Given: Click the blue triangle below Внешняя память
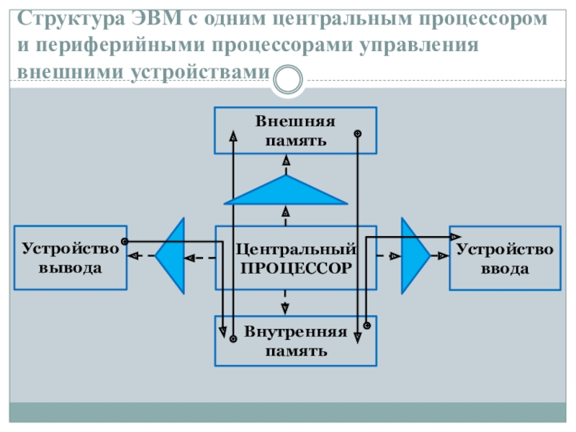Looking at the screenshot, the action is point(286,191).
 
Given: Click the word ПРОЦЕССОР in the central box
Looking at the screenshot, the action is point(296,268).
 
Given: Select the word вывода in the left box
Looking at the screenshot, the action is point(70,268).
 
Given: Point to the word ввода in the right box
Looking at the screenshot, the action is point(505,269).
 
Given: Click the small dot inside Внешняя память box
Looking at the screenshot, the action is point(357,133).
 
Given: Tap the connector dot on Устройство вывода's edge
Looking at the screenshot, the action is point(125,241).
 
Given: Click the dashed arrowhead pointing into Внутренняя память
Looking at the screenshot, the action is point(285,308).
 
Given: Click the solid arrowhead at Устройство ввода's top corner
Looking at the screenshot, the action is point(456,237).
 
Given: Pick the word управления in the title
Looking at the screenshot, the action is point(419,45).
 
